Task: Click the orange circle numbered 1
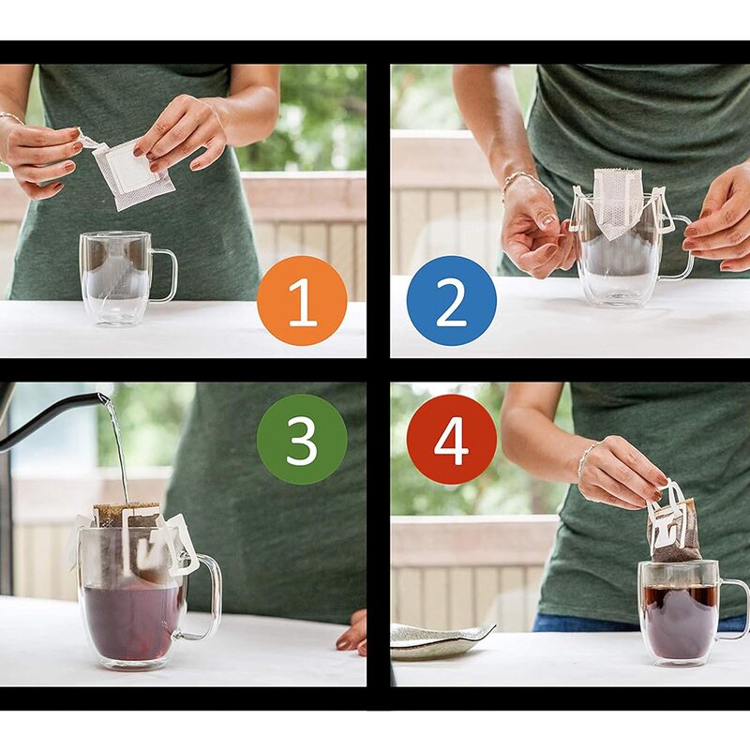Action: (x=302, y=301)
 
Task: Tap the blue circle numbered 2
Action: (x=451, y=301)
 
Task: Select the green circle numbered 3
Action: (x=302, y=439)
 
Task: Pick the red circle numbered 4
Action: (x=452, y=439)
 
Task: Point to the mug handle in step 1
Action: (x=165, y=276)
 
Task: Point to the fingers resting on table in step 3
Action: (x=353, y=632)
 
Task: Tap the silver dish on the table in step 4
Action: (x=441, y=641)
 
